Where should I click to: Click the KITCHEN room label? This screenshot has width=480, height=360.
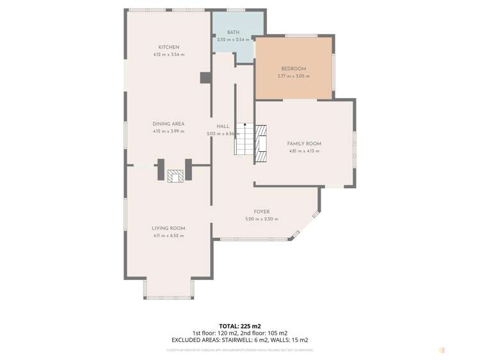pyautogui.click(x=169, y=47)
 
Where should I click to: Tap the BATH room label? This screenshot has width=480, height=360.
pyautogui.click(x=233, y=32)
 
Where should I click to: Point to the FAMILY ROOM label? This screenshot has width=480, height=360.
pyautogui.click(x=304, y=143)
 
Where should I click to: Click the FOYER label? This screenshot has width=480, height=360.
pyautogui.click(x=261, y=211)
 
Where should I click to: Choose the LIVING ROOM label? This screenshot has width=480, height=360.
pyautogui.click(x=168, y=228)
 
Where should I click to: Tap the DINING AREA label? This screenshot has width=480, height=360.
pyautogui.click(x=168, y=124)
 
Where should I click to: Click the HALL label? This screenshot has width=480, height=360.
pyautogui.click(x=222, y=126)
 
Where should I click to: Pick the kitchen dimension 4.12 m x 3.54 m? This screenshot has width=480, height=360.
pyautogui.click(x=168, y=55)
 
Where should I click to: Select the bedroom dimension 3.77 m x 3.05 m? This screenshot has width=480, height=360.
pyautogui.click(x=294, y=76)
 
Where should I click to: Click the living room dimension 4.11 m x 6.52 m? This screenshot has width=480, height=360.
pyautogui.click(x=168, y=236)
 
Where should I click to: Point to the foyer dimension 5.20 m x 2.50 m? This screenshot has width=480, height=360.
pyautogui.click(x=261, y=219)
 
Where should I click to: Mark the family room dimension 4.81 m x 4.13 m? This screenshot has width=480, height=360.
pyautogui.click(x=304, y=151)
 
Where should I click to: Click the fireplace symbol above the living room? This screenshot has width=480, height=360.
pyautogui.click(x=175, y=176)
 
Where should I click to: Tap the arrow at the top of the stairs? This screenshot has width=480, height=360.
pyautogui.click(x=244, y=126)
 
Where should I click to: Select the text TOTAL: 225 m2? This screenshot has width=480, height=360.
pyautogui.click(x=239, y=325)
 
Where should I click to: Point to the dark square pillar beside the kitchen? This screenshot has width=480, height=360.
pyautogui.click(x=205, y=78)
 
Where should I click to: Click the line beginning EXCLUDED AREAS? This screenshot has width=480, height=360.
pyautogui.click(x=239, y=340)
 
